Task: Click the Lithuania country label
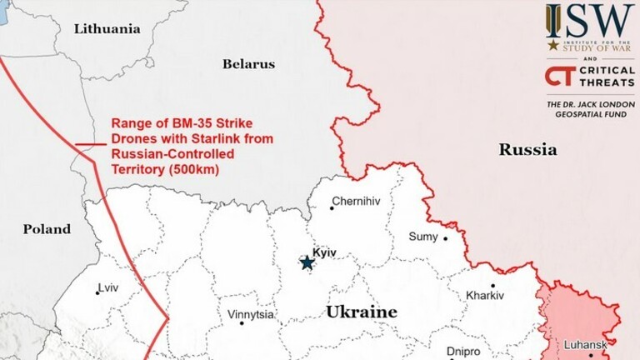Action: pos(107,28)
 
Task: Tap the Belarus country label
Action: pos(248,64)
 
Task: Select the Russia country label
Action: pos(527,150)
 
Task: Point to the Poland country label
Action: pos(47,229)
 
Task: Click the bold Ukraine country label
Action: pos(361,312)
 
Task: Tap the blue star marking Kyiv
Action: pos(307,263)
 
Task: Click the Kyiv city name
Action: pos(323,252)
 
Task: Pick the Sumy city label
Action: pos(422,237)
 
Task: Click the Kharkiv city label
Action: pos(485,296)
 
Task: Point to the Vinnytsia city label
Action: pos(251,316)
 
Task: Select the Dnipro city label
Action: pos(463,351)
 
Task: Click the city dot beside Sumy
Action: pos(445,238)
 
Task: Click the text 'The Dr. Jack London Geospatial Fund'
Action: pos(588,110)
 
